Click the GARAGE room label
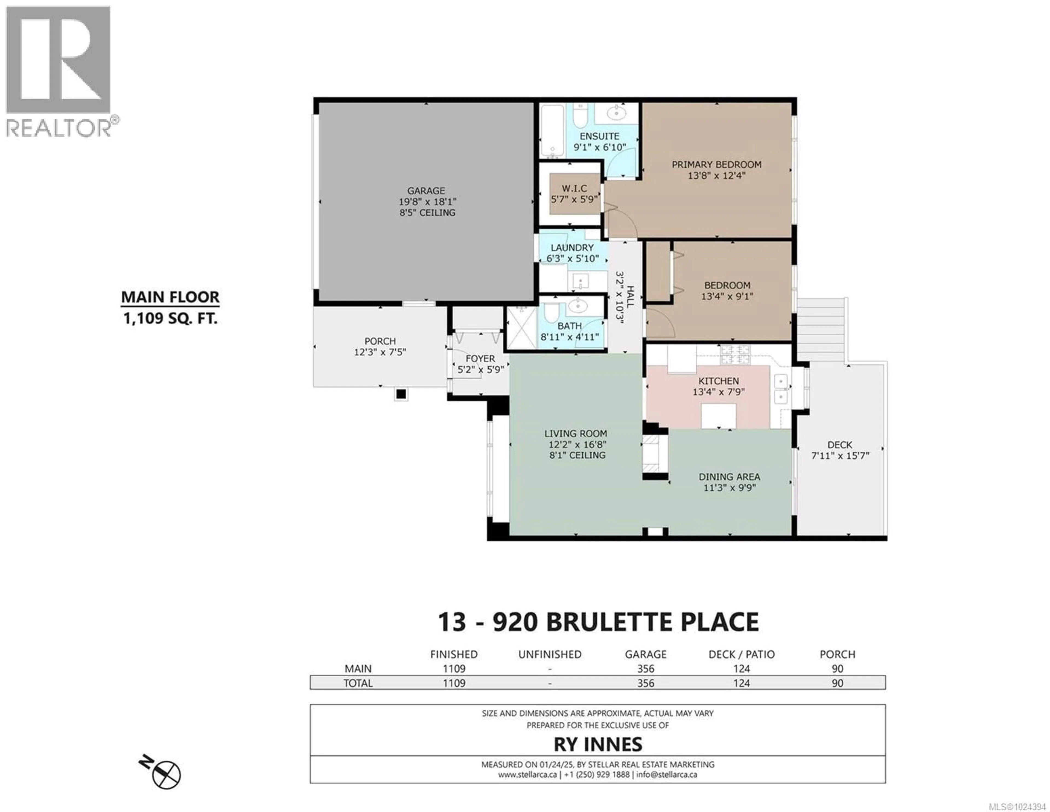(x=426, y=191)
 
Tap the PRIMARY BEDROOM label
(x=716, y=164)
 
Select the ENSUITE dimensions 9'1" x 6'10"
(x=600, y=148)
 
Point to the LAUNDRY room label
(x=572, y=248)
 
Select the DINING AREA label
(x=729, y=477)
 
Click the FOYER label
(x=480, y=359)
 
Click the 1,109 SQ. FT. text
(x=170, y=318)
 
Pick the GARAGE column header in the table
(x=645, y=654)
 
